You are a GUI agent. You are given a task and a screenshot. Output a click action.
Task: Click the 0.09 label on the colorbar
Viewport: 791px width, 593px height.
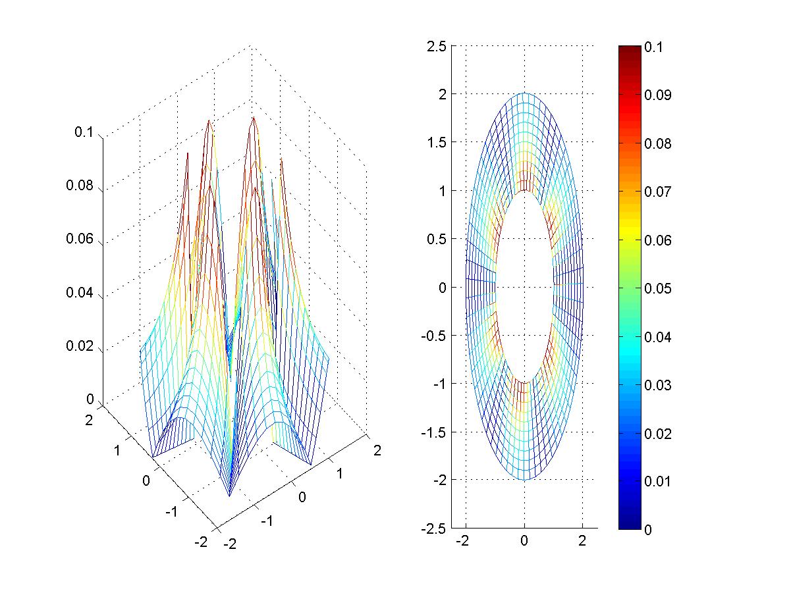pyautogui.click(x=657, y=95)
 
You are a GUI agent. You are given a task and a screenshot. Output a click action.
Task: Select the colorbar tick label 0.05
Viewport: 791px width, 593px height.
pyautogui.click(x=657, y=288)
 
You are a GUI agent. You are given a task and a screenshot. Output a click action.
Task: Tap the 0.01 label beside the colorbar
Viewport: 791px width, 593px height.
pyautogui.click(x=657, y=481)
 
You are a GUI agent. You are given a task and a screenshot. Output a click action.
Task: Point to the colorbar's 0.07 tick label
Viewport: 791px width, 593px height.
pyautogui.click(x=657, y=192)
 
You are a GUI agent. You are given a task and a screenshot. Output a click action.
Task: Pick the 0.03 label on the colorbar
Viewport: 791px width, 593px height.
pyautogui.click(x=657, y=385)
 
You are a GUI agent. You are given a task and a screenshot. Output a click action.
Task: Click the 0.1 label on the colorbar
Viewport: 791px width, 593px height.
pyautogui.click(x=655, y=47)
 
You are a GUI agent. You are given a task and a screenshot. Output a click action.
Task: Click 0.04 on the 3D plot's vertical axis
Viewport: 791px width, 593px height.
pyautogui.click(x=80, y=293)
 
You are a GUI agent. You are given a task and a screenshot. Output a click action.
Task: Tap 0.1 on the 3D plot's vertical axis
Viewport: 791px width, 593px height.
pyautogui.click(x=84, y=132)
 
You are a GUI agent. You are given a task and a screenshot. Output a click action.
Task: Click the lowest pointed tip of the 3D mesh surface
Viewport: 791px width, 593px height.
pyautogui.click(x=229, y=496)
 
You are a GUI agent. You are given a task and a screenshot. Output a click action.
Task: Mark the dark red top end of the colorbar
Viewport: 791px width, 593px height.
pyautogui.click(x=630, y=48)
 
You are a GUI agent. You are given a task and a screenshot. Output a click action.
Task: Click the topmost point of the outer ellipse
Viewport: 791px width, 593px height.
pyautogui.click(x=524, y=93)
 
